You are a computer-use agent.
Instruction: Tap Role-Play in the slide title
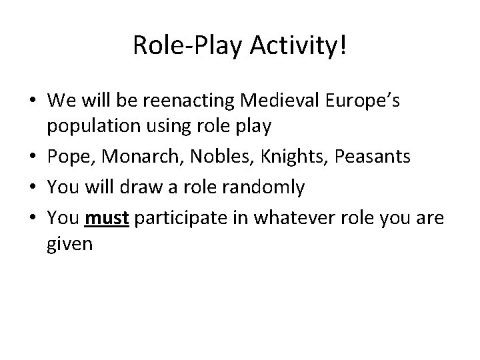(183, 47)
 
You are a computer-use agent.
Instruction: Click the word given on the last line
(70, 244)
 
